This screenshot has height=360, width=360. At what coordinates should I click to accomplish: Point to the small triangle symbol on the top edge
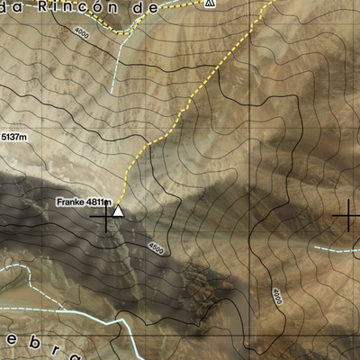210,3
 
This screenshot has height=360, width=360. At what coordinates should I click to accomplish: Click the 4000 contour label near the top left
84,33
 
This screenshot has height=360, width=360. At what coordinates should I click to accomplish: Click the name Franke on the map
70,202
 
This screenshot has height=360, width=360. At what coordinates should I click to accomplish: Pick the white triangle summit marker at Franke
118,211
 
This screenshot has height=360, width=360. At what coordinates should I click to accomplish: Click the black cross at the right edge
347,216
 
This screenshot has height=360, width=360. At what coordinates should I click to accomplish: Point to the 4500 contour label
156,248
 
